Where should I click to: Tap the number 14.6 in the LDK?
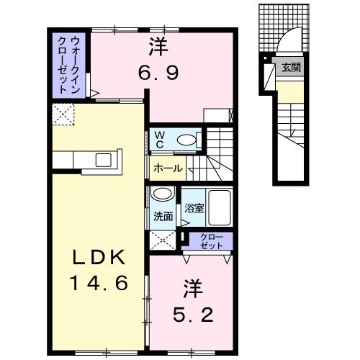tap(100, 282)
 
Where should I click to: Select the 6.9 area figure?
tap(159, 72)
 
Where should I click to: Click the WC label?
tap(158, 139)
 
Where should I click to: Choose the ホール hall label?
tap(167, 169)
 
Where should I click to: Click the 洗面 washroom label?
tap(163, 216)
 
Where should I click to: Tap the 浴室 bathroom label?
tap(193, 209)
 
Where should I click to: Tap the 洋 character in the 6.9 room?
tap(158, 48)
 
